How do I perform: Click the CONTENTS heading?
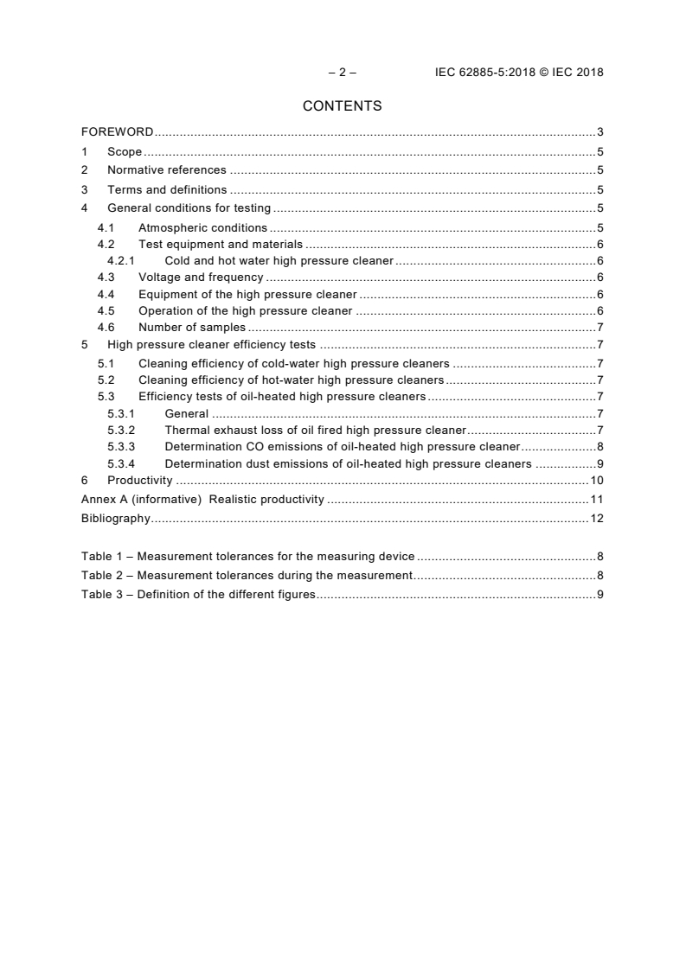(x=343, y=106)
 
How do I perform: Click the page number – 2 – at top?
(x=343, y=73)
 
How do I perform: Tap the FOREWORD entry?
(x=118, y=132)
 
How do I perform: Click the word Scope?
(x=125, y=152)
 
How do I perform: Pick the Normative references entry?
(x=167, y=170)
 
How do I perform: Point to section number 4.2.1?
(x=121, y=260)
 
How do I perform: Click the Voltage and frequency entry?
(x=201, y=278)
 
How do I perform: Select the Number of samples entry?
(x=192, y=328)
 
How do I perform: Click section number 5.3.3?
(x=121, y=447)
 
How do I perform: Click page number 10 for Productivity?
(x=597, y=481)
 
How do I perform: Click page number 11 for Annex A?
(x=597, y=500)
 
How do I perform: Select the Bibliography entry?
(x=116, y=519)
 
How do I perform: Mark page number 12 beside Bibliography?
(x=597, y=519)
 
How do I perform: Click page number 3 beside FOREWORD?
(x=599, y=132)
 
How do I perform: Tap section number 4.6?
(x=106, y=328)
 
